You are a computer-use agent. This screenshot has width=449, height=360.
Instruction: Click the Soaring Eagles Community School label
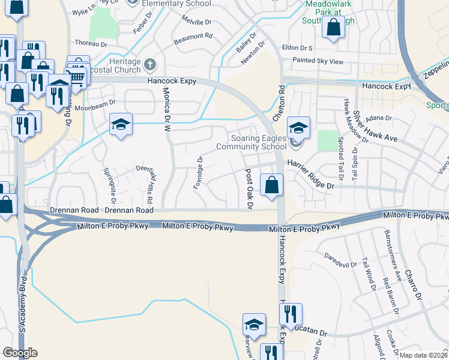251,142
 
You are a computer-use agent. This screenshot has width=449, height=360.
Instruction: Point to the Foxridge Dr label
199,172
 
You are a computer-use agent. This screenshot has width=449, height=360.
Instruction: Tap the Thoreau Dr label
91,43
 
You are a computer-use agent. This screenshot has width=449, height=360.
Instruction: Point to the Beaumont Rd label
193,36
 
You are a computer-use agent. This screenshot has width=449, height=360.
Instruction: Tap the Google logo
20,353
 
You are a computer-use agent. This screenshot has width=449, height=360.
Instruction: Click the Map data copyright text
423,355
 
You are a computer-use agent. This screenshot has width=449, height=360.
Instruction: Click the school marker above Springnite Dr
121,125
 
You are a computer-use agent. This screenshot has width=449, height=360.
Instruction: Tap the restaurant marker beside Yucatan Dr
291,314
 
